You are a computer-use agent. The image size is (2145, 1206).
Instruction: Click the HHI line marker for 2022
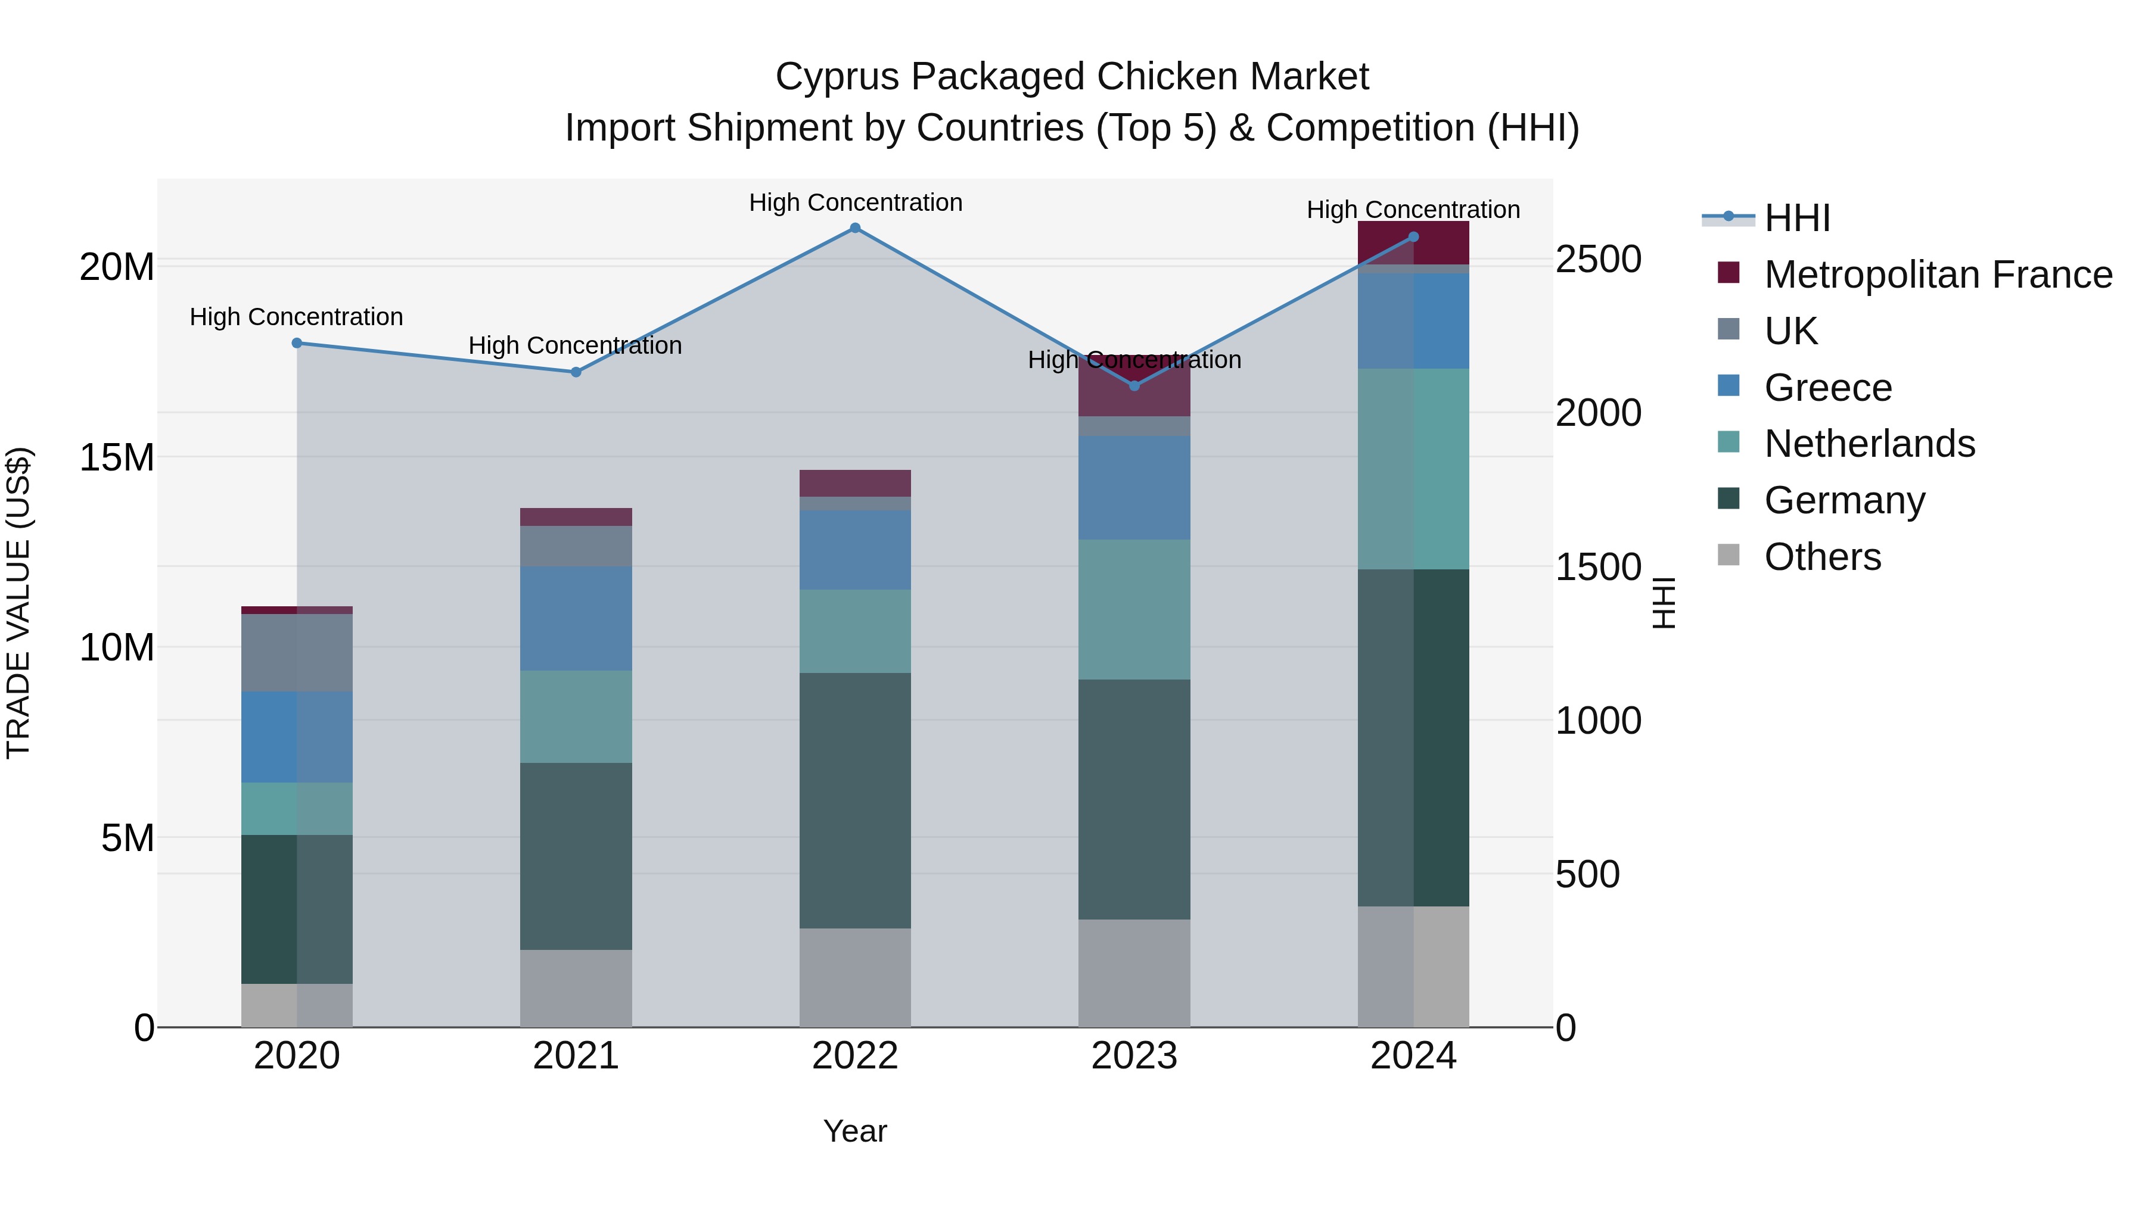(854, 228)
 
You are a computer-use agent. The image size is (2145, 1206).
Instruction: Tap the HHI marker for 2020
(297, 343)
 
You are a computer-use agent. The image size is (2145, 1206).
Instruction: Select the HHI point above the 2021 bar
(576, 372)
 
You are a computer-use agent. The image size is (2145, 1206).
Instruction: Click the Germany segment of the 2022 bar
(854, 800)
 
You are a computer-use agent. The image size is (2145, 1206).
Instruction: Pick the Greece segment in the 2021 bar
(576, 618)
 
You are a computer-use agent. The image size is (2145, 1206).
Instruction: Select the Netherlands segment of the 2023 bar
(1133, 609)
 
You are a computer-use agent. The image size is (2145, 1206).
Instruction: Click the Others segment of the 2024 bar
(1413, 967)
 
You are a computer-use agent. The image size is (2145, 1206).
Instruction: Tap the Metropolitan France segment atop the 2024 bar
(1413, 242)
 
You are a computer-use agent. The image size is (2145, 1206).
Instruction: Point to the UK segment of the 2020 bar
(297, 653)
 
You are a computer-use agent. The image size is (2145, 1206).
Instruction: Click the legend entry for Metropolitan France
(1938, 275)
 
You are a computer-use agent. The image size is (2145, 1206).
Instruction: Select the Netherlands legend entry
(1869, 444)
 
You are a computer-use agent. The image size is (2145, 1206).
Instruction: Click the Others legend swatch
(1729, 555)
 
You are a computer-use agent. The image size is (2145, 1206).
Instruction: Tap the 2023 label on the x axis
(1133, 1056)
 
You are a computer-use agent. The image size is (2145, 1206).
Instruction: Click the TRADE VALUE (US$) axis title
(18, 603)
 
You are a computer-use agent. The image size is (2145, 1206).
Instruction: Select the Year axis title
(854, 1131)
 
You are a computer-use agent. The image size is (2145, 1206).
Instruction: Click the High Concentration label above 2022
(854, 202)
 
